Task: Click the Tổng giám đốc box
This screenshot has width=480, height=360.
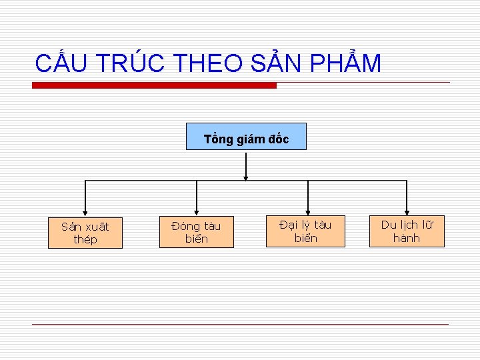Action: coord(246,137)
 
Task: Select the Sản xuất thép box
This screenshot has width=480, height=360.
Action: coord(85,233)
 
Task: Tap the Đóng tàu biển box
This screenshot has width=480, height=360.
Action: coord(196,233)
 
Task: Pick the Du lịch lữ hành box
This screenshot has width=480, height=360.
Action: coord(407,231)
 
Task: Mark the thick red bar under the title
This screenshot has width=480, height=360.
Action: coord(154,85)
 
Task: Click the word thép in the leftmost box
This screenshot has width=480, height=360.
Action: coord(85,240)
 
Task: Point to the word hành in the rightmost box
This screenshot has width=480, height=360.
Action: coord(407,238)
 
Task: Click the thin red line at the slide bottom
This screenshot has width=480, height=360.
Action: coord(240,325)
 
